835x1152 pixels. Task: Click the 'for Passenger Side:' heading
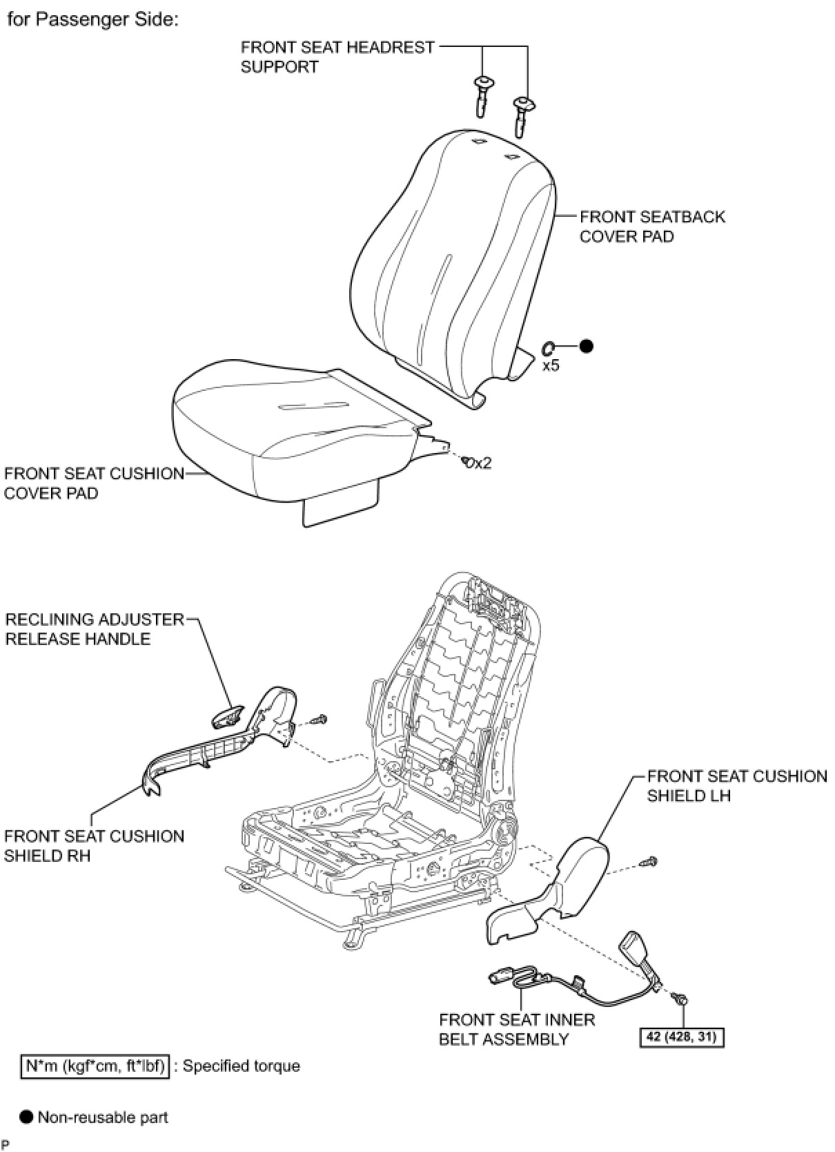coord(92,20)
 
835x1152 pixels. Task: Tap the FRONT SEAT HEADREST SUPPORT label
coord(337,57)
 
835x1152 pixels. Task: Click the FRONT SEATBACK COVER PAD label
coord(652,227)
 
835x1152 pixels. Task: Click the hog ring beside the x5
coord(550,347)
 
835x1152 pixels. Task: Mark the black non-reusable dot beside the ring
coord(586,347)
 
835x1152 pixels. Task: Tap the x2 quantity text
coord(482,463)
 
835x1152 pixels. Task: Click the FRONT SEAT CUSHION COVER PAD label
coord(94,483)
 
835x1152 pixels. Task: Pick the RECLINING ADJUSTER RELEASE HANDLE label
coord(95,629)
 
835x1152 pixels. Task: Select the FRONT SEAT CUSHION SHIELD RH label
coord(94,846)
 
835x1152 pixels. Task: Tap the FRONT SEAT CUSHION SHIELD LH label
coord(736,786)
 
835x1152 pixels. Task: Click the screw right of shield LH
coord(650,861)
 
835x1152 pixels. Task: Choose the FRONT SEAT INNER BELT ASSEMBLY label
coord(517,1030)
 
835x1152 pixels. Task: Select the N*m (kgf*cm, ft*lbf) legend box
coord(95,1066)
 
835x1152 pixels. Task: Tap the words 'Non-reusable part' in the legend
coord(103,1117)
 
